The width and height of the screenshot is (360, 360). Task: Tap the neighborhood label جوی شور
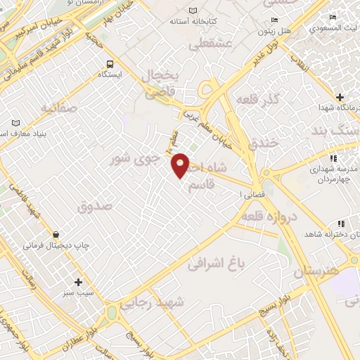(x=131, y=159)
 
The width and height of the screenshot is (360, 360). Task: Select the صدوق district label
(x=96, y=207)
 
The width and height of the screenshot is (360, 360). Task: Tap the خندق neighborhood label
(x=264, y=143)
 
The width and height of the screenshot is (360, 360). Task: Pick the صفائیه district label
(x=57, y=108)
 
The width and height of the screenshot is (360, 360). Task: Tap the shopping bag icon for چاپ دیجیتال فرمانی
(x=56, y=234)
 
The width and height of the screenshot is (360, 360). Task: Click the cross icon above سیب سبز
(x=78, y=281)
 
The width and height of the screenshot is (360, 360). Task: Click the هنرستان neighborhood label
(x=316, y=270)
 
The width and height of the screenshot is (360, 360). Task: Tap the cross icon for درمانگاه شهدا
(x=340, y=96)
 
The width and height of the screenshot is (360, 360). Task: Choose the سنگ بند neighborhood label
(x=330, y=131)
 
